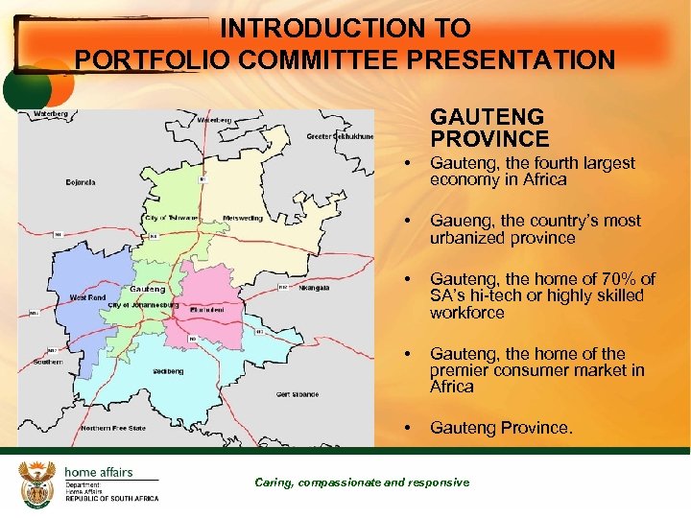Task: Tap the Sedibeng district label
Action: tap(168, 370)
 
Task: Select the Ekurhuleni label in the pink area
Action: tap(206, 310)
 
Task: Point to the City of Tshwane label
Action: tap(171, 218)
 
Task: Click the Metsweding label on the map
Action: tap(243, 217)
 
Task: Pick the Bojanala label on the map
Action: tap(80, 181)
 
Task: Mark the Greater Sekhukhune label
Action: tap(340, 136)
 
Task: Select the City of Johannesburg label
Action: tap(143, 304)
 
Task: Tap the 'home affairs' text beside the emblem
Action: tap(98, 471)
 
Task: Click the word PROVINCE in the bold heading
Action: tap(489, 139)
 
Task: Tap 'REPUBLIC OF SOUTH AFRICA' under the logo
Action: tap(111, 499)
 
